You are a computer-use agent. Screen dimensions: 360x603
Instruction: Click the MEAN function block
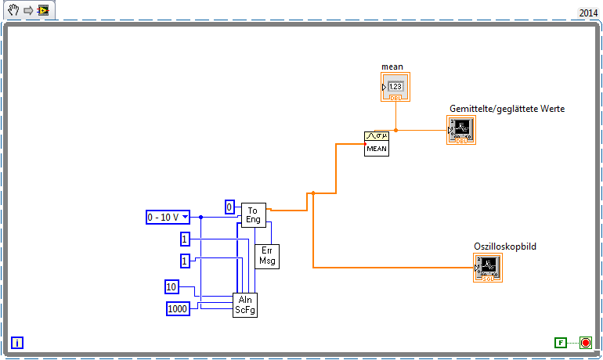point(376,143)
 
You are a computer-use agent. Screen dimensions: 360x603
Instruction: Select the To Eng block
point(253,214)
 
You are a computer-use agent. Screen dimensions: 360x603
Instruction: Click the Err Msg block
point(267,256)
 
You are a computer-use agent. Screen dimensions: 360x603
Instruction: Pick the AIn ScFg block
point(245,304)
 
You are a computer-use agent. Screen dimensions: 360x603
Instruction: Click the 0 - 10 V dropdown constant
point(168,217)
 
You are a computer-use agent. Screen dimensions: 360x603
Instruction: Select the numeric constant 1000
point(178,309)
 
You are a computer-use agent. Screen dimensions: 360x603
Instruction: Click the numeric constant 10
point(172,286)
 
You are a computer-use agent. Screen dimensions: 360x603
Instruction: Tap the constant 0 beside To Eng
point(229,207)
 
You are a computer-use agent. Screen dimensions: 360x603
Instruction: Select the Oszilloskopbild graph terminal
point(487,268)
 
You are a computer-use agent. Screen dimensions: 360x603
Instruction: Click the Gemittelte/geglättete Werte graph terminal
point(461,130)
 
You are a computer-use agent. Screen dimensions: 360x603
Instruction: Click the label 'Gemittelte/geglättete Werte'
point(507,109)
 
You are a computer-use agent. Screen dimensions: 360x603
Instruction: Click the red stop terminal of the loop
point(585,342)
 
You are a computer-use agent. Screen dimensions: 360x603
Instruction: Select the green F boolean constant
point(560,343)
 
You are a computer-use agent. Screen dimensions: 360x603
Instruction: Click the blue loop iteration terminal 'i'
point(17,342)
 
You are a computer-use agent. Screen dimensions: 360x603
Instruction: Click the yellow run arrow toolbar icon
point(44,10)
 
